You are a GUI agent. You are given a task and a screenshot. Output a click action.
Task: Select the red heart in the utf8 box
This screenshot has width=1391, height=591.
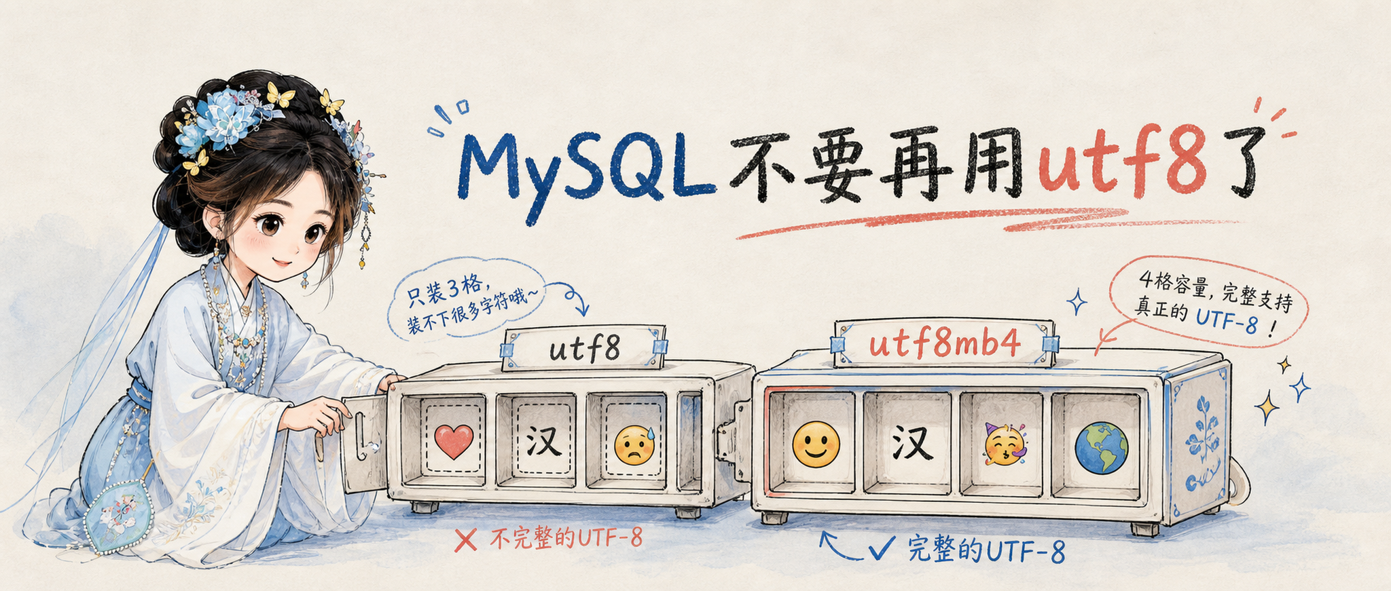[x=454, y=441]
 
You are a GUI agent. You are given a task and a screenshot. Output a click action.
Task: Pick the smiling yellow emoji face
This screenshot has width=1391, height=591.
[x=816, y=444]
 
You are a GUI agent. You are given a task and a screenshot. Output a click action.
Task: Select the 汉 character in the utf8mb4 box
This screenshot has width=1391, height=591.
[x=911, y=444]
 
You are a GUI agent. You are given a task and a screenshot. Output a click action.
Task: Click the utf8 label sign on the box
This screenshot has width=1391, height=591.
[x=584, y=348]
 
